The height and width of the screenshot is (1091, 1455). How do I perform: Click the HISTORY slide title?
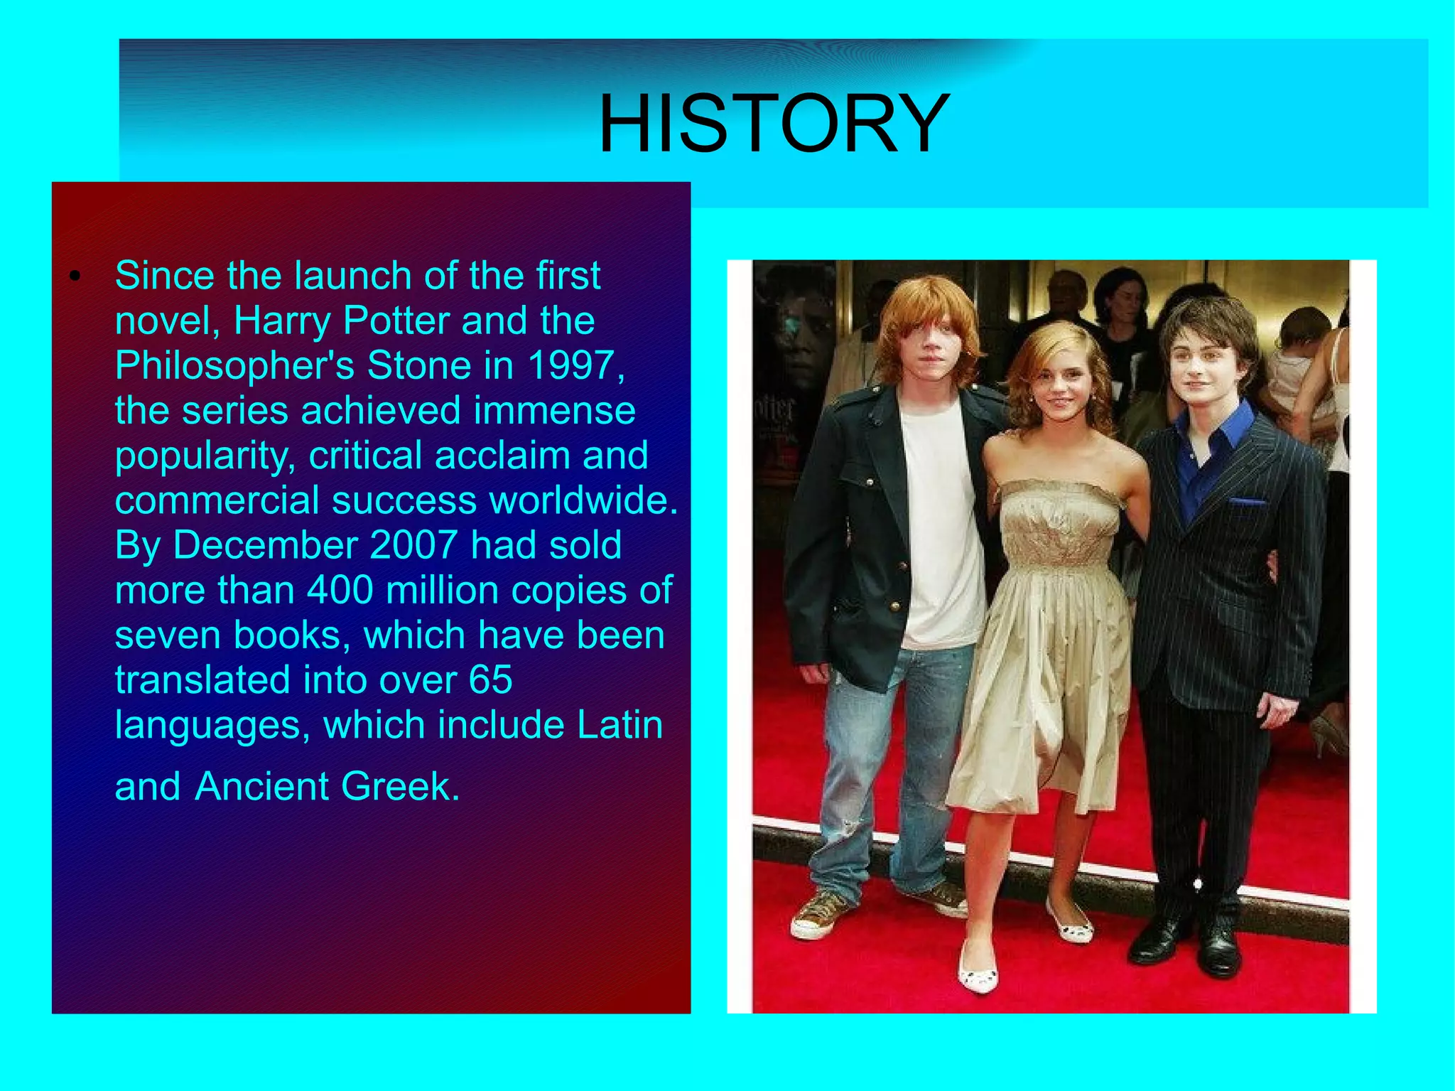tap(774, 124)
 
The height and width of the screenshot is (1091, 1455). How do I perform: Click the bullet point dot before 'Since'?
tap(74, 276)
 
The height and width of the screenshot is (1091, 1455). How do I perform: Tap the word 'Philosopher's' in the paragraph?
tap(234, 365)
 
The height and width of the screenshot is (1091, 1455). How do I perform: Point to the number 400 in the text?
tap(340, 590)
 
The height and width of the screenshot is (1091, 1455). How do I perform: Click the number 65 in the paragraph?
tap(490, 680)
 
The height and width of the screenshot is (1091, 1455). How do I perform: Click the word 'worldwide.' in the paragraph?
tap(583, 500)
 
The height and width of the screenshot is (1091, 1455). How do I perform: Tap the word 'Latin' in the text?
tap(620, 725)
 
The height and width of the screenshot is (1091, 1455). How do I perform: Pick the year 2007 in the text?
tap(413, 545)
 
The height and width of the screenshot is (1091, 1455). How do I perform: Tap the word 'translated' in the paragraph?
tap(202, 680)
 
